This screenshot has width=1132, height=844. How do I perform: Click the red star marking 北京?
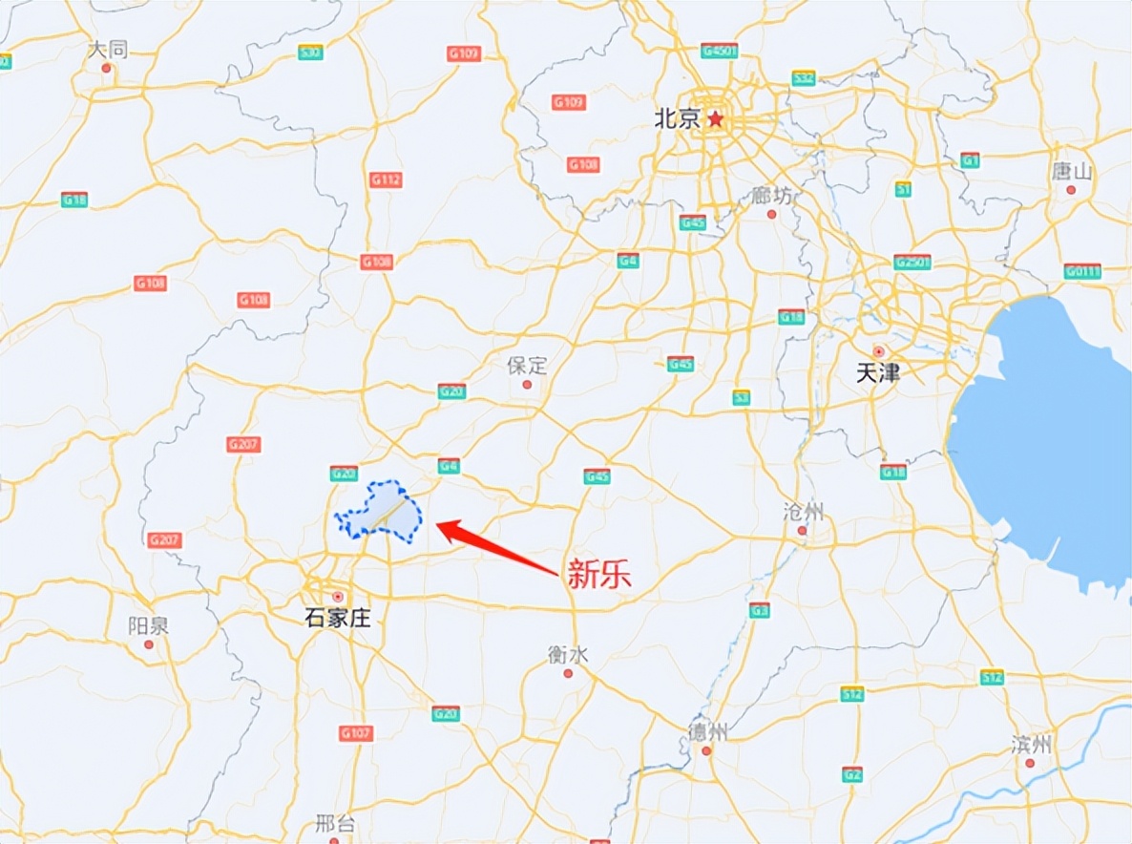coord(716,119)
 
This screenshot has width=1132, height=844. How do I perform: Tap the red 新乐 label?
coord(599,574)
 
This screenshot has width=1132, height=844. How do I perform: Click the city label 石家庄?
coord(337,618)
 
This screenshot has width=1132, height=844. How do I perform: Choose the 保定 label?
coord(527,365)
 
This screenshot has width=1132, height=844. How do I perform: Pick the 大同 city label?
coord(107,50)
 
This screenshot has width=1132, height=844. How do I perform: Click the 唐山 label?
coord(1071,172)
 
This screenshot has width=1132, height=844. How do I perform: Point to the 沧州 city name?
coord(802,511)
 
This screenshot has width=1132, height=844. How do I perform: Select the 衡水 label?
coord(567,654)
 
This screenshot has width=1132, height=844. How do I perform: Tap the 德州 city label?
coord(707,732)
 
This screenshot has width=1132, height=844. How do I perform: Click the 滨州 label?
coord(1031,744)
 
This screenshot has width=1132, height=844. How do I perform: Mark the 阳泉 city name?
coord(148,626)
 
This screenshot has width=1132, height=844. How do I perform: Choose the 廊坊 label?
coord(772,196)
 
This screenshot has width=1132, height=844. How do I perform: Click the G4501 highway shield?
coord(719,50)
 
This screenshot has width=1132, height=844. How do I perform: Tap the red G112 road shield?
coord(386,179)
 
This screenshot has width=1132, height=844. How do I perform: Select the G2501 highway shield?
coord(912,262)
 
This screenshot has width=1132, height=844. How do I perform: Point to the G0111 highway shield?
coord(1082,271)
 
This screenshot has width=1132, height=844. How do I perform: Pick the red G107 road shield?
coord(355,733)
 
